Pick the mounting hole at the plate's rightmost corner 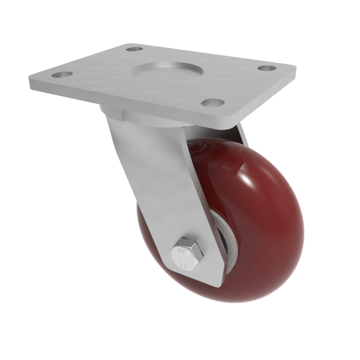[x=268, y=68]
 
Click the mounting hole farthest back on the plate [x=135, y=48]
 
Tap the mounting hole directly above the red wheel [x=212, y=103]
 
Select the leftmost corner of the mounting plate [x=30, y=79]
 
